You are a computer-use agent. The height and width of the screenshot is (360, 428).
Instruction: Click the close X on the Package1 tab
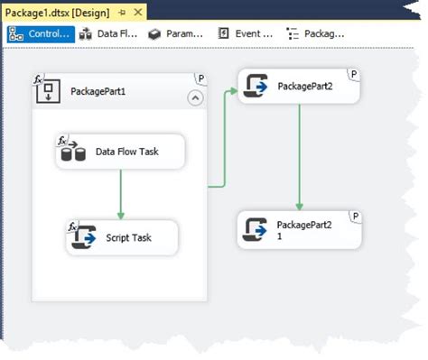pyautogui.click(x=138, y=12)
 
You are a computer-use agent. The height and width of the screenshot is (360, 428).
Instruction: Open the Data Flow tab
pyautogui.click(x=107, y=34)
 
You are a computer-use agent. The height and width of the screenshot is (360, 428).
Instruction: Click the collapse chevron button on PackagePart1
pyautogui.click(x=195, y=98)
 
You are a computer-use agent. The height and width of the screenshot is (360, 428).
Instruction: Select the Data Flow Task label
pyautogui.click(x=127, y=152)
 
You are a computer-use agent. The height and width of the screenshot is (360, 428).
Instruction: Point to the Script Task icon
pyautogui.click(x=83, y=237)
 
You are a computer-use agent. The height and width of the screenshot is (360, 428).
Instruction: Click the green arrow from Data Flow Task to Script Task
pyautogui.click(x=120, y=193)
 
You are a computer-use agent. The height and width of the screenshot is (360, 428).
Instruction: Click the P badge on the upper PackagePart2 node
pyautogui.click(x=354, y=73)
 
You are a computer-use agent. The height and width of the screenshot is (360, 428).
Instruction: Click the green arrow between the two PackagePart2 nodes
pyautogui.click(x=300, y=158)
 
